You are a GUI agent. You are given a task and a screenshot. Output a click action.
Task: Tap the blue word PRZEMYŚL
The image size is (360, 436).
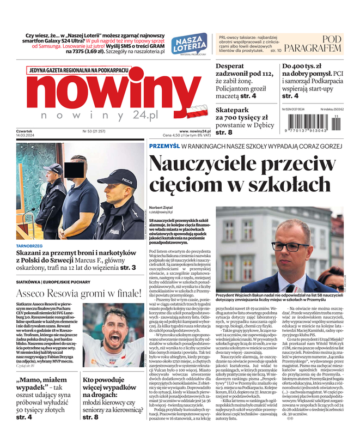tap(164, 147)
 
